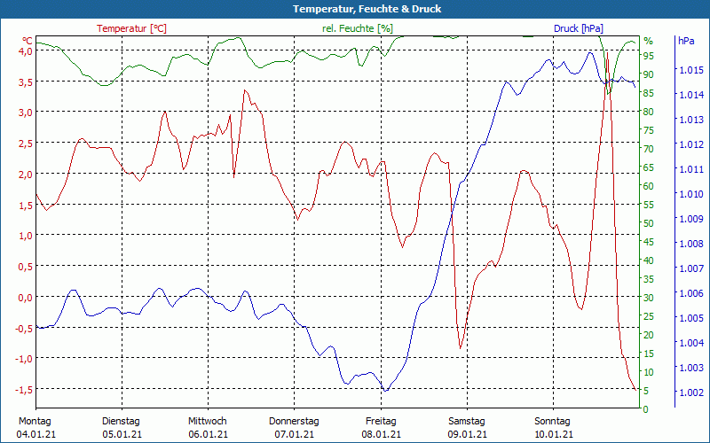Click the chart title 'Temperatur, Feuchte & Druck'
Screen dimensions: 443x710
click(354, 9)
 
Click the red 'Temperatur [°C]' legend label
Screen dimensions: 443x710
click(131, 28)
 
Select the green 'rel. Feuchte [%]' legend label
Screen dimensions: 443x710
click(357, 28)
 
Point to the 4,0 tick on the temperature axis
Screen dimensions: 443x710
click(25, 51)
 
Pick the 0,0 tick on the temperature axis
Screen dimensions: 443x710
click(25, 297)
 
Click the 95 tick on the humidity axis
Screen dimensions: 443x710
click(649, 56)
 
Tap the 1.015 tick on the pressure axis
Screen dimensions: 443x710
click(690, 70)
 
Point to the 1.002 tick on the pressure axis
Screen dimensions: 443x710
click(690, 392)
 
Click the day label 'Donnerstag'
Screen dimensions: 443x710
click(294, 421)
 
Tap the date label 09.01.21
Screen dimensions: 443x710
click(466, 434)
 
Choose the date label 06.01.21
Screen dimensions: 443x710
click(208, 434)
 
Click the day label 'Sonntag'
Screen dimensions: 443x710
click(553, 421)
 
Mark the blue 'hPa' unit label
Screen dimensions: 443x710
click(686, 41)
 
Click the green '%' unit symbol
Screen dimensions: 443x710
click(648, 41)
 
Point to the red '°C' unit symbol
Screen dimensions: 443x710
click(28, 41)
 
